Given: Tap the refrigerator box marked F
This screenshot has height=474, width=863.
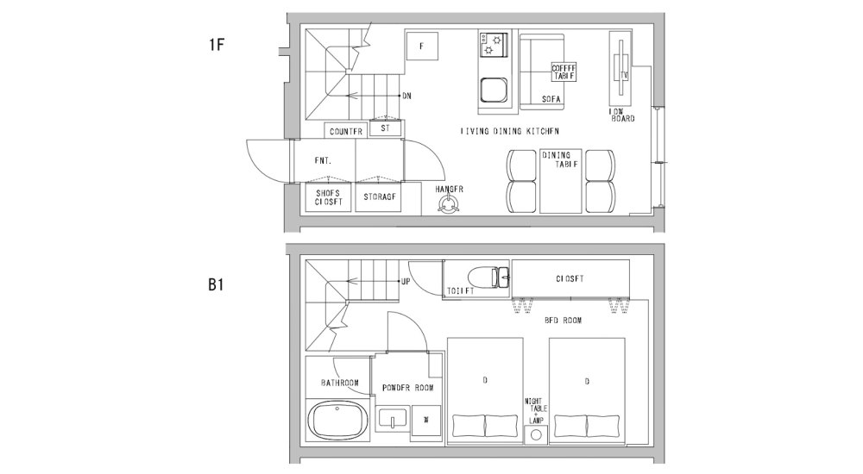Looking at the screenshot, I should coord(422,46).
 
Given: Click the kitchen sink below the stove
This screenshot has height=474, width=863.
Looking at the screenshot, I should coord(494,90).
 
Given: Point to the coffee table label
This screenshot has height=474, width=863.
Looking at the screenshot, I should coord(564,72).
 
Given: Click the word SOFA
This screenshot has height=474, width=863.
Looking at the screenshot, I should coord(551,100).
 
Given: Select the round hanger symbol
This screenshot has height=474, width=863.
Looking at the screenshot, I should coord(449,205).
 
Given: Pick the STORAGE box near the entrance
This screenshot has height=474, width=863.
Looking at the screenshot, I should coord(380,197).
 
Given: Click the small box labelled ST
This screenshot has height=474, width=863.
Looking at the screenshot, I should coord(385,128).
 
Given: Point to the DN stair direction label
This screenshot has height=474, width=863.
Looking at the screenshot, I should coord(406,96).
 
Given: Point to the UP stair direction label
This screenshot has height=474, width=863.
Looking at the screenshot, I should coord(405,282).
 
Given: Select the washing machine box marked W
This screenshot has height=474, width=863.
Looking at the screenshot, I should coord(425,420).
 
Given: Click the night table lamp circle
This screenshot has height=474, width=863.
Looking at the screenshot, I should coord(536,435).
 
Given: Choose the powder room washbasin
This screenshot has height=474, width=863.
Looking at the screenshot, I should coord(393,420).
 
